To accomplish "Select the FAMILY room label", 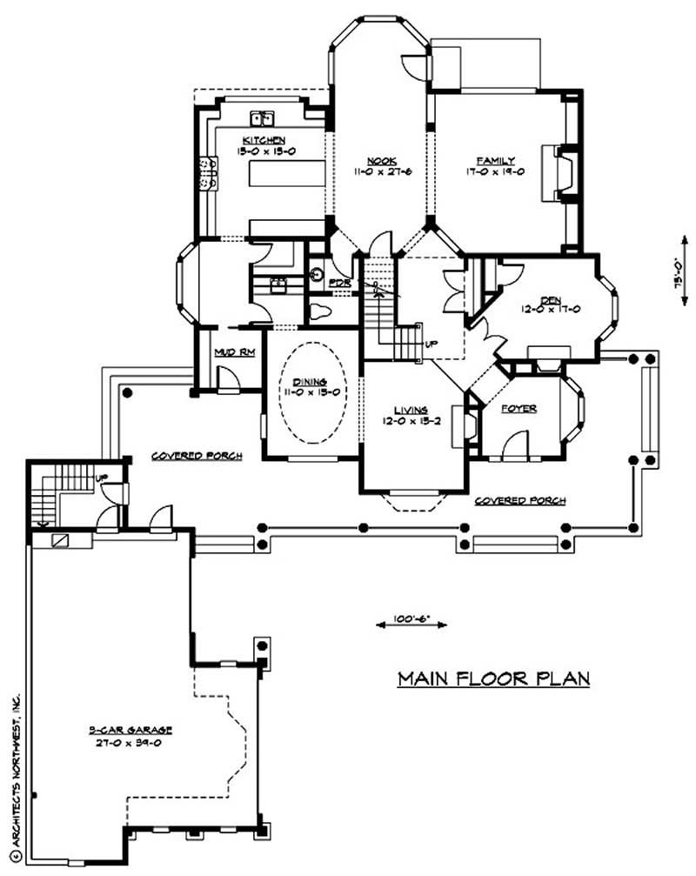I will pyautogui.click(x=495, y=160).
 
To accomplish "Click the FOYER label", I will pyautogui.click(x=519, y=408).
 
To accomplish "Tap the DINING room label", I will pyautogui.click(x=310, y=382).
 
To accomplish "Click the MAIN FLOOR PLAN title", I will pyautogui.click(x=494, y=679).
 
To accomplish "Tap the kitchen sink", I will pyautogui.click(x=262, y=117).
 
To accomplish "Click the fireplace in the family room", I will pyautogui.click(x=555, y=174).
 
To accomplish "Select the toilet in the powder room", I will pyautogui.click(x=319, y=310).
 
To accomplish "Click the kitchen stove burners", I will pyautogui.click(x=207, y=172).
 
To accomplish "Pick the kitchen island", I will pyautogui.click(x=279, y=172).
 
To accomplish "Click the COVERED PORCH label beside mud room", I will pyautogui.click(x=196, y=456).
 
